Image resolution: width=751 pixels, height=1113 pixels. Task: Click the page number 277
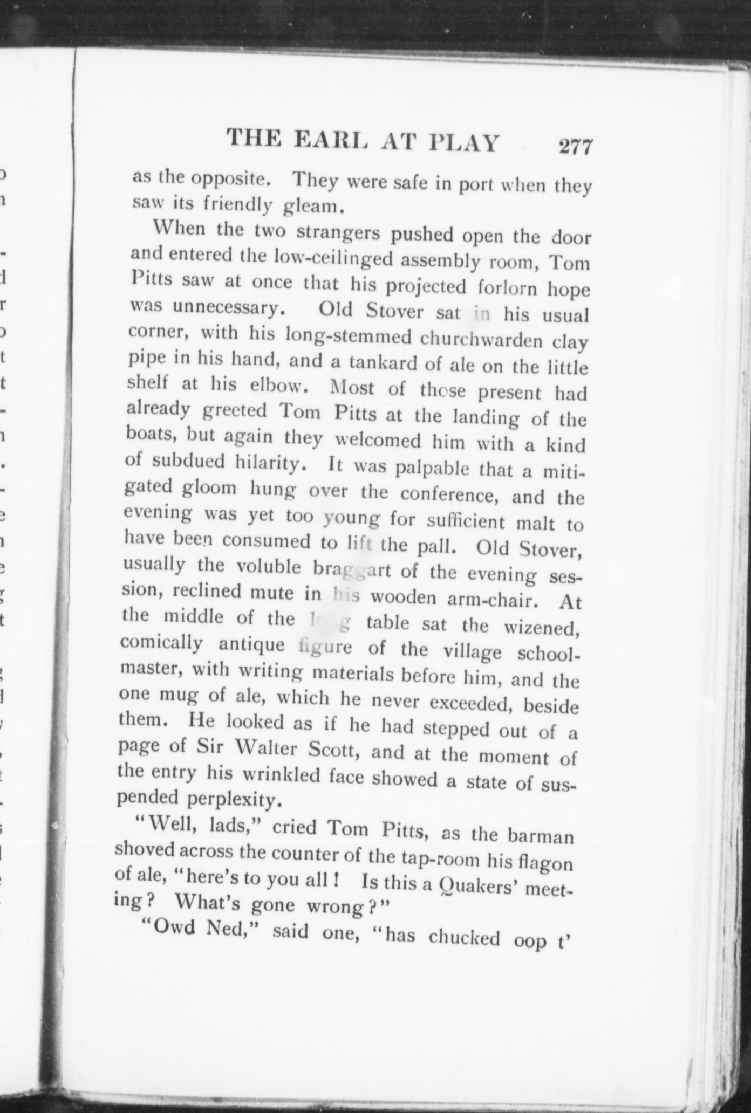coord(576,147)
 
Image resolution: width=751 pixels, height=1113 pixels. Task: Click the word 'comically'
coord(162,643)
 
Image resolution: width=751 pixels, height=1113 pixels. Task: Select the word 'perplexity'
coord(233,799)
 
